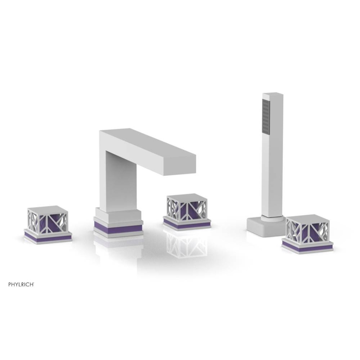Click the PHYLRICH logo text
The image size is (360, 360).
click(x=21, y=284)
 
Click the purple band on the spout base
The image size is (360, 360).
click(x=118, y=226)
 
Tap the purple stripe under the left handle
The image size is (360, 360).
click(x=48, y=237)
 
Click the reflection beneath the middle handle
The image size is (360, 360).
click(x=186, y=243)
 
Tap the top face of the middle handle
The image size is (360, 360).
click(x=187, y=196)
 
